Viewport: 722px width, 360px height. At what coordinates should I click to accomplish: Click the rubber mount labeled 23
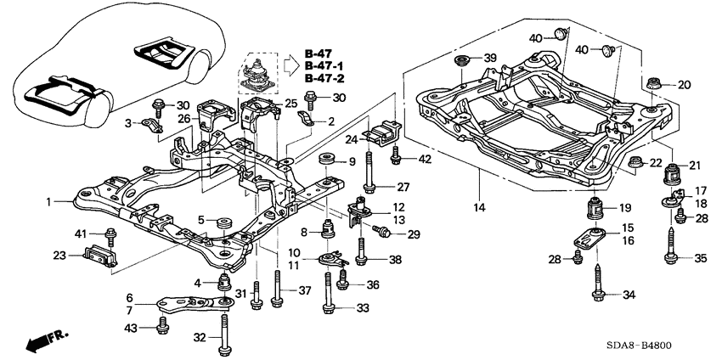point(100,256)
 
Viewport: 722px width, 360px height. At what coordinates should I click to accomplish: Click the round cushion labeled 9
point(325,160)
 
